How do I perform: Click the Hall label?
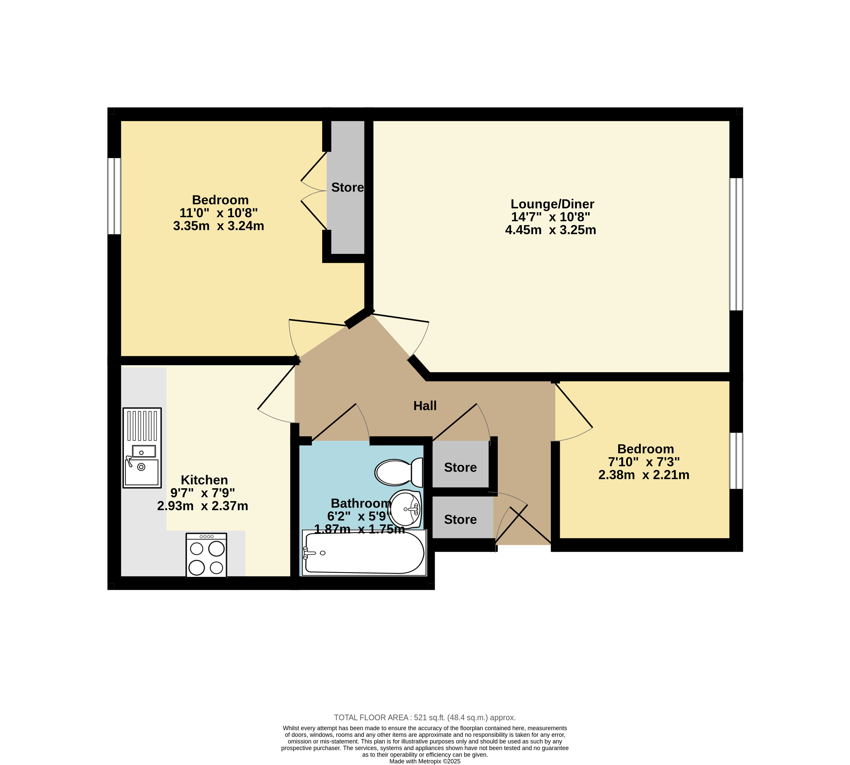(425, 406)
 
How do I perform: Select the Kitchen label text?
(204, 480)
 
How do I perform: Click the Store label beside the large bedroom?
(348, 187)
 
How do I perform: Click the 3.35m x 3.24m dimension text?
(219, 226)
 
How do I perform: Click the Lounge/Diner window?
(736, 244)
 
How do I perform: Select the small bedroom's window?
(736, 461)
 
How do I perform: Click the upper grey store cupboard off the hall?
(461, 464)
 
